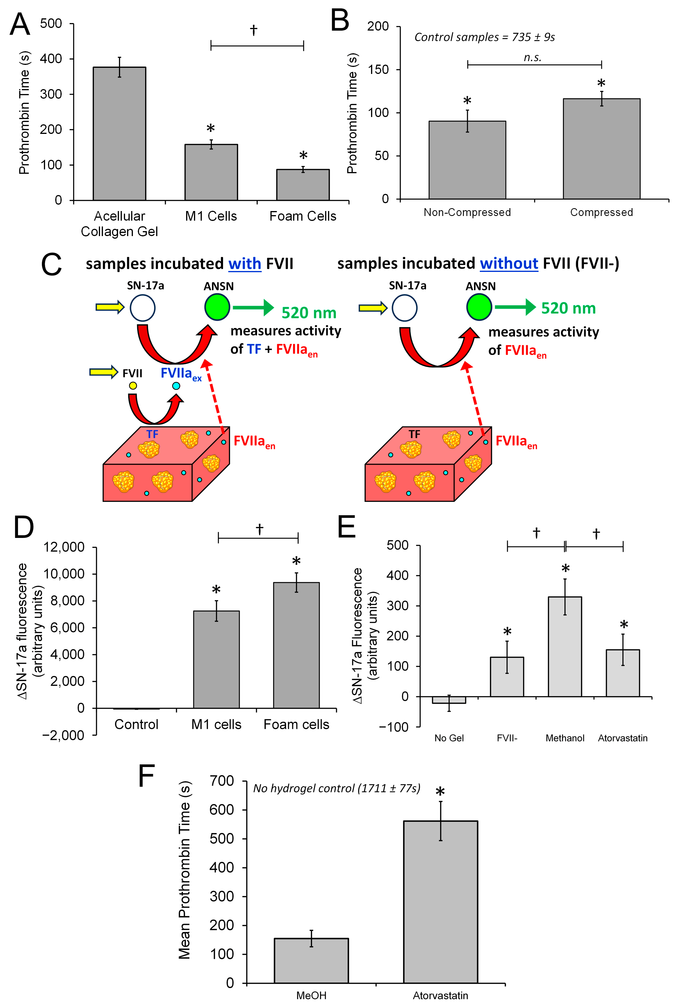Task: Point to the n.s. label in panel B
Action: [532, 58]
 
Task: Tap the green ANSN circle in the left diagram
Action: [217, 307]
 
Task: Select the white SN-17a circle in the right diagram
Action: [404, 308]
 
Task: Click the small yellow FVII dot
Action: [133, 385]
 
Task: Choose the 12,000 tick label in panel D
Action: [64, 547]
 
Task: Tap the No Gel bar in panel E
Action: [449, 700]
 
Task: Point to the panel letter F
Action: [146, 776]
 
